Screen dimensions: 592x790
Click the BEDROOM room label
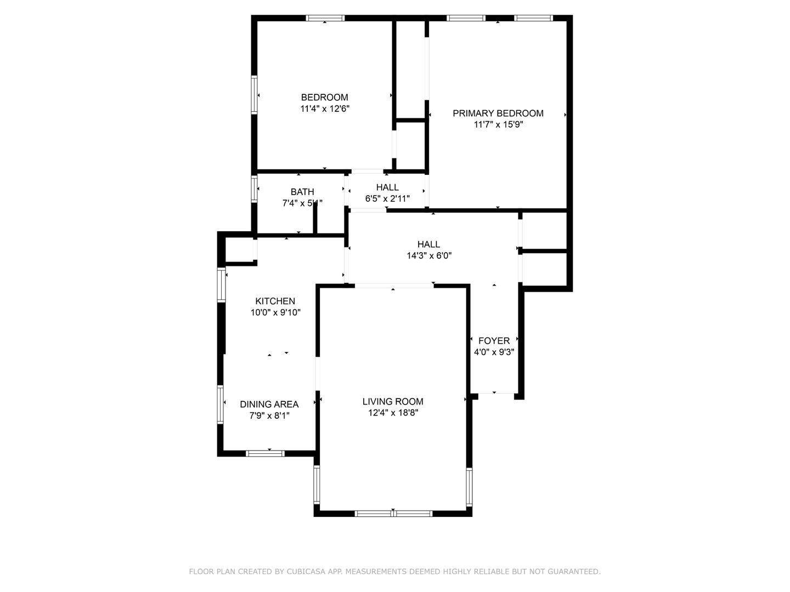(x=324, y=98)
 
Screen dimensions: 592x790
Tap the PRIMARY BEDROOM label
(x=498, y=113)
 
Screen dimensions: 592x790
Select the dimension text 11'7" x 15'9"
(x=498, y=124)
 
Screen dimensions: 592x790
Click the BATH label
(x=302, y=192)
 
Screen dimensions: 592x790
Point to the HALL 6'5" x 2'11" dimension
(x=387, y=198)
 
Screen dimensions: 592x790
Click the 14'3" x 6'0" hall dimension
(x=429, y=255)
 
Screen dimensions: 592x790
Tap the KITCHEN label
(x=275, y=301)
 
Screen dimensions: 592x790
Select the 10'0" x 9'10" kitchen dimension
(x=275, y=312)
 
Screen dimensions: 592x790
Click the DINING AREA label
(x=269, y=405)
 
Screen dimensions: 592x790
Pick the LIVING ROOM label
(x=393, y=402)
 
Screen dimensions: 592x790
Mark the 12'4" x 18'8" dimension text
(x=393, y=413)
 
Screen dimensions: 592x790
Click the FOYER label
(x=494, y=341)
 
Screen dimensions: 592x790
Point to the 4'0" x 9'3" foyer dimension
(x=494, y=352)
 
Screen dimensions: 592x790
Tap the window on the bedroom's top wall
(x=325, y=18)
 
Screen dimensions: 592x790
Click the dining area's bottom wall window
(x=265, y=453)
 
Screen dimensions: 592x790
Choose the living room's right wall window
(x=469, y=486)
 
